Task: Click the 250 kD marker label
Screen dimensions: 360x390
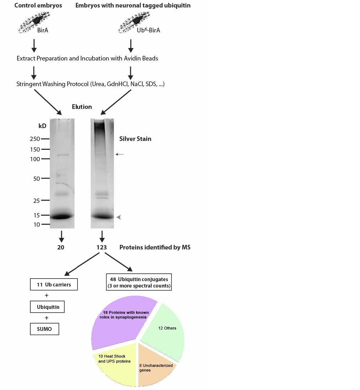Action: (x=35, y=139)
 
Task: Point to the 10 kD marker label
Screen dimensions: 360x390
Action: (x=37, y=225)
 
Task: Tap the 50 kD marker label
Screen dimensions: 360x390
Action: (x=37, y=179)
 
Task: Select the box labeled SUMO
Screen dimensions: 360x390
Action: (x=44, y=329)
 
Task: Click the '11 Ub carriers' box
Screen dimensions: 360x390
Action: (x=54, y=284)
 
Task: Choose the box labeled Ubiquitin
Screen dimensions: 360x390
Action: (x=47, y=307)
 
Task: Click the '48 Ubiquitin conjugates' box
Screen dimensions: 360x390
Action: (x=139, y=282)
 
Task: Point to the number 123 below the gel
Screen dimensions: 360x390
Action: (x=102, y=247)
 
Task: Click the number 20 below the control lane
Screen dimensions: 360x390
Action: (x=61, y=247)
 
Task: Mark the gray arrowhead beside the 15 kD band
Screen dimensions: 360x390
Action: (x=119, y=217)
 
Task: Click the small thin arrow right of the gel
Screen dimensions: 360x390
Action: (x=120, y=154)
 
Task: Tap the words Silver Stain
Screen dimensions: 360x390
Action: (x=135, y=139)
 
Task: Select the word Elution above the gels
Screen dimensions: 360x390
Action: (x=82, y=107)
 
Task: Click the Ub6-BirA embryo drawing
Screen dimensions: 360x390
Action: (x=134, y=22)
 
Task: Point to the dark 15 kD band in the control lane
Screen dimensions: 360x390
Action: (x=62, y=216)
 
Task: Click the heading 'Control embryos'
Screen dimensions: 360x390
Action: (x=38, y=5)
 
